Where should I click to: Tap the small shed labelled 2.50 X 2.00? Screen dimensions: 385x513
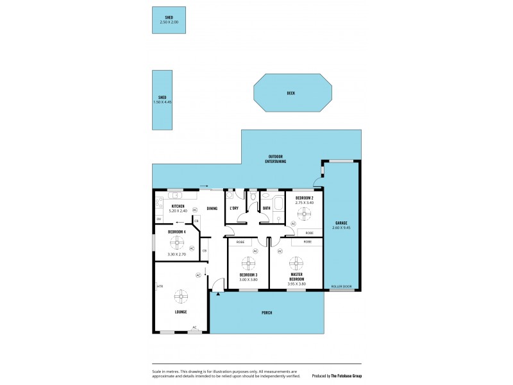point(169,20)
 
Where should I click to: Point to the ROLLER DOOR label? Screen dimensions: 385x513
point(341,286)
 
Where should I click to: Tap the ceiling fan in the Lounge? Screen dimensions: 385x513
point(181,296)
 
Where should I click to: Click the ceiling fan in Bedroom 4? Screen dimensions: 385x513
point(176,243)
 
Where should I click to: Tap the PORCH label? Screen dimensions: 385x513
point(267,312)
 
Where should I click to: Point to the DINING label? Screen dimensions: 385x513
point(212,208)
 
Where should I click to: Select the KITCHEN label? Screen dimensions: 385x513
point(178,206)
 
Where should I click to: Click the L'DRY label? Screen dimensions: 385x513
point(234,208)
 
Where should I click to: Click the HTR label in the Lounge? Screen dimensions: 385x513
point(160,286)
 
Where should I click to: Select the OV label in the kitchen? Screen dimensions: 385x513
point(158,219)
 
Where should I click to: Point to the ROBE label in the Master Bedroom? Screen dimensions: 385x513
point(307,242)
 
